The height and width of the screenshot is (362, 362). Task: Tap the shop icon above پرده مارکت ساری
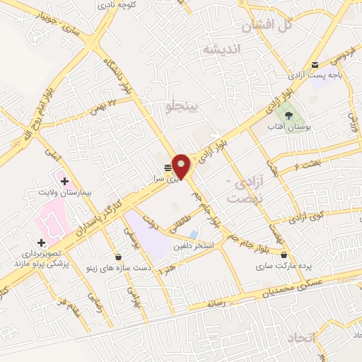[284, 255]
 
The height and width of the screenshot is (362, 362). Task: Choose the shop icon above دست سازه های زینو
[117, 257]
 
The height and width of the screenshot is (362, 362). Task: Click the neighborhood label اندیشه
[221, 49]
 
